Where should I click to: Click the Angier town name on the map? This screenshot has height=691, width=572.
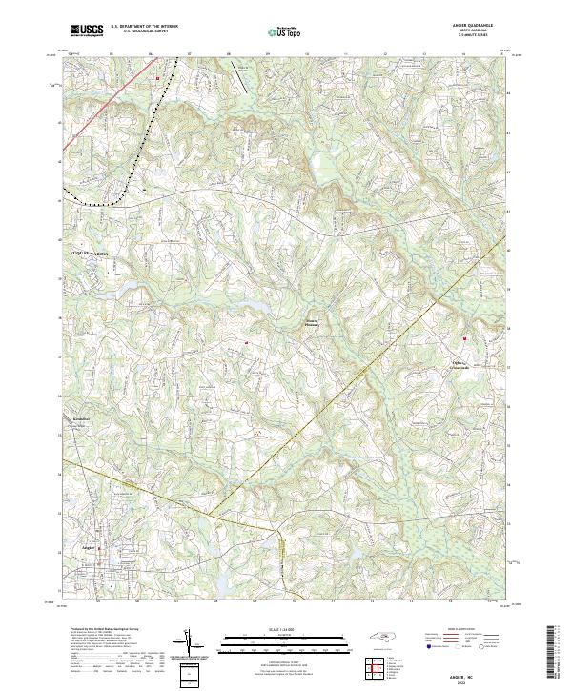pos(90,547)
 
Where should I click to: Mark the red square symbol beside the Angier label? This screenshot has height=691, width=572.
pos(99,548)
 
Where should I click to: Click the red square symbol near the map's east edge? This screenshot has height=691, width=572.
pos(465,338)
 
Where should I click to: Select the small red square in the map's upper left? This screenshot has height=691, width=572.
pos(158,78)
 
